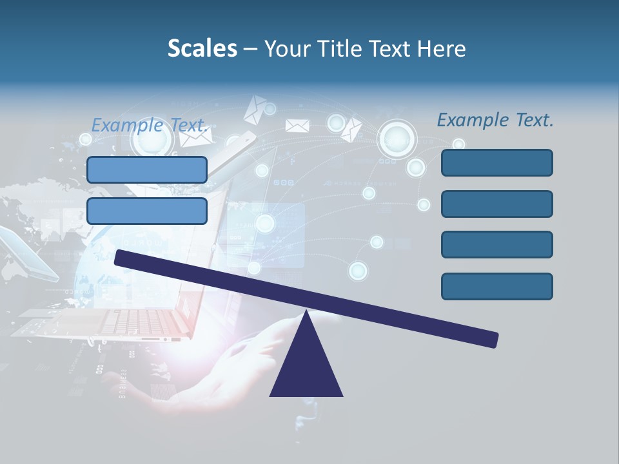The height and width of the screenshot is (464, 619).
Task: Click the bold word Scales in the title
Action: click(202, 49)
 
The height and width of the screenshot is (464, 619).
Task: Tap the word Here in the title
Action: click(442, 49)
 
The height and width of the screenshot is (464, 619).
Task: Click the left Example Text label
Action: click(151, 125)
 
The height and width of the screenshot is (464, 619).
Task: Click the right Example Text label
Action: click(495, 120)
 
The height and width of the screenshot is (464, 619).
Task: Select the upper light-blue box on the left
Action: click(147, 169)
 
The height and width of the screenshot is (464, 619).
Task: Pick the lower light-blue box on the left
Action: click(147, 211)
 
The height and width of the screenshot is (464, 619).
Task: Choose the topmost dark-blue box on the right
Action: click(496, 162)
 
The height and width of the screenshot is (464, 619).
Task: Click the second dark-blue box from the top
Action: click(496, 204)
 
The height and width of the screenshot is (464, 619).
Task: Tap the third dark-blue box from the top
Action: click(496, 245)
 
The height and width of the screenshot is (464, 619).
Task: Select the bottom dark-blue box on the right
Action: click(496, 286)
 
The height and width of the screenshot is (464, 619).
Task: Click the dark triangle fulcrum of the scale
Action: click(306, 367)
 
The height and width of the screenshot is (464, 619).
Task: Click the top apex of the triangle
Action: click(307, 313)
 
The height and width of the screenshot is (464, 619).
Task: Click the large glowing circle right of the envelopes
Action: click(397, 138)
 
